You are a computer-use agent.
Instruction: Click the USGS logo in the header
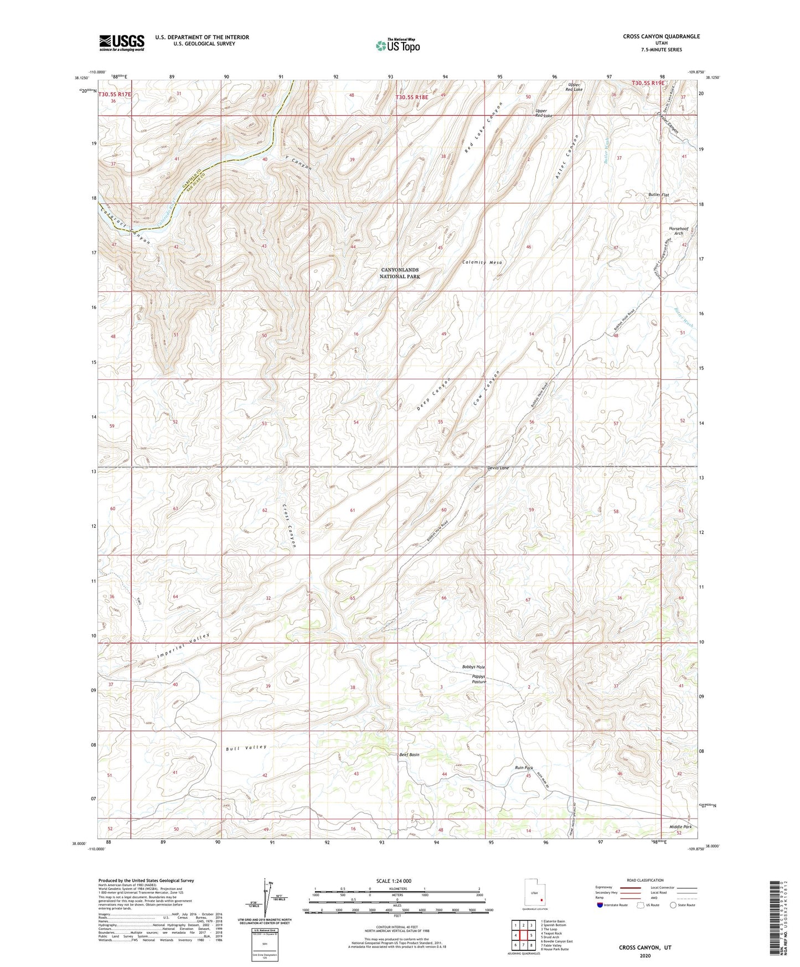pos(122,43)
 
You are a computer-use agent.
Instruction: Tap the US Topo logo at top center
pos(398,46)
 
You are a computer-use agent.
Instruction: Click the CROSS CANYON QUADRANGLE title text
pos(661,37)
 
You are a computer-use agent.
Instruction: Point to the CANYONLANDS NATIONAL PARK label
pos(399,273)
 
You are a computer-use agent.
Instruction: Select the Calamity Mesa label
pos(483,263)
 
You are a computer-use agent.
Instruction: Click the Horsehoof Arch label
pos(678,231)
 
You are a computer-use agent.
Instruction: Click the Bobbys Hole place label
pos(473,667)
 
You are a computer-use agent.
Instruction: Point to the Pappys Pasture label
pos(479,679)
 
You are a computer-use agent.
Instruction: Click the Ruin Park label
pos(523,768)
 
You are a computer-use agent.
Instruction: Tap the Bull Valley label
pos(246,748)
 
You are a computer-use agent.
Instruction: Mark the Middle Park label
pos(680,826)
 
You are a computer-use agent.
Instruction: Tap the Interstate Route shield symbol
pos(601,904)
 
